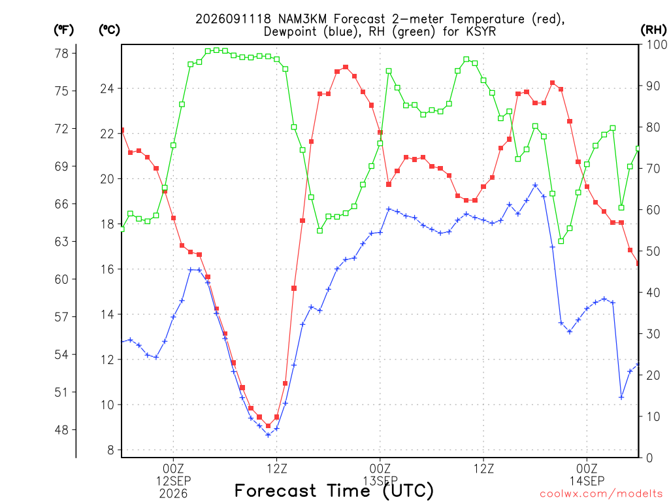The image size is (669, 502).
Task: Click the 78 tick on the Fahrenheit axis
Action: coord(61,54)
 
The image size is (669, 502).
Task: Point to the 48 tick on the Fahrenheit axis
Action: coord(61,430)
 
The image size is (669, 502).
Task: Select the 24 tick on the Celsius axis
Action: coord(108,89)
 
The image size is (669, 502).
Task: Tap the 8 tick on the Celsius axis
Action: coord(111,450)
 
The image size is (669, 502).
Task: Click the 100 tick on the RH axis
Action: coord(657,44)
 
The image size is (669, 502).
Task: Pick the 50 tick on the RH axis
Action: coord(653,251)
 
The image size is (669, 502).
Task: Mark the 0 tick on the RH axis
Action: coord(650,458)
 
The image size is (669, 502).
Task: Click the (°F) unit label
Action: coord(63,30)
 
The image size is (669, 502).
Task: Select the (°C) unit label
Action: coord(109,30)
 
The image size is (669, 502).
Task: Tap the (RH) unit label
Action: coord(653,30)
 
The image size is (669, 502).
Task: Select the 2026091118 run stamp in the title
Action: coord(233,19)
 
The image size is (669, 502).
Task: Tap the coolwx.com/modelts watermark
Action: coord(601,494)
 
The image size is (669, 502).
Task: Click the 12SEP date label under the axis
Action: coord(174,481)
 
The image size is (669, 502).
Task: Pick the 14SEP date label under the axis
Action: coord(587,481)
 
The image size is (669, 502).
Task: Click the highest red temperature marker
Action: coord(346,67)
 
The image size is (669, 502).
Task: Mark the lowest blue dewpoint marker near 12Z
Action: coord(268,435)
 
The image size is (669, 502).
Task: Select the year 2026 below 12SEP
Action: coord(174,494)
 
